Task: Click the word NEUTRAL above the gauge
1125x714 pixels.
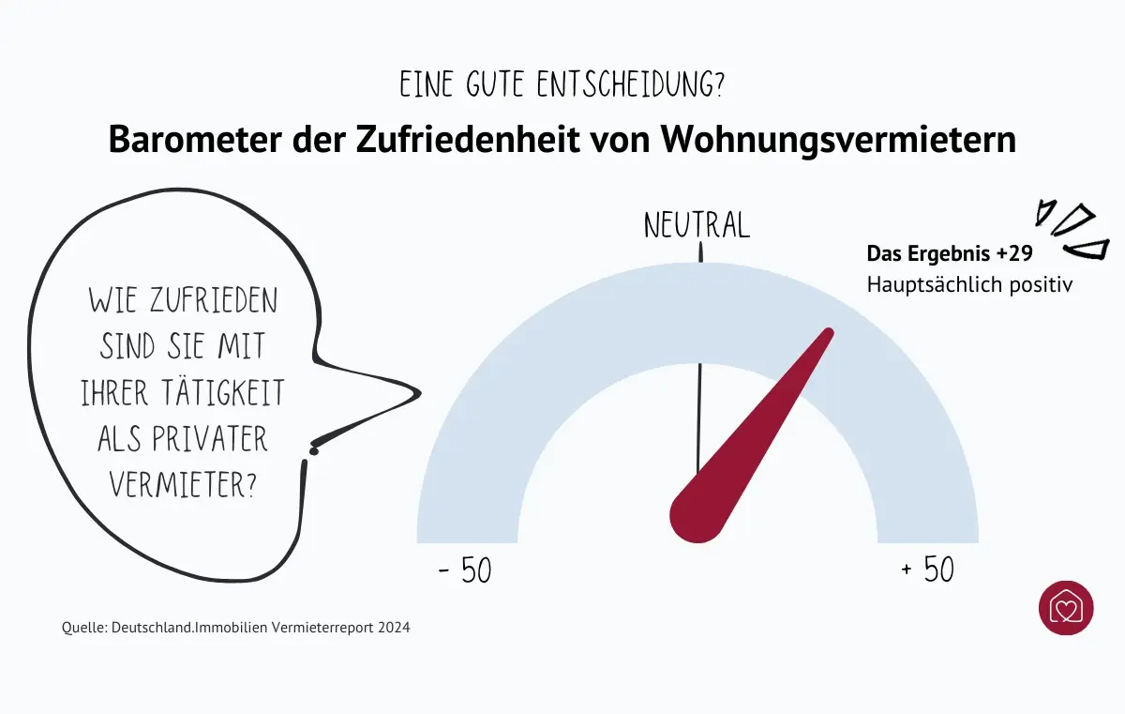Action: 697,225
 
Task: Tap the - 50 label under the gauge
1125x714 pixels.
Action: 465,570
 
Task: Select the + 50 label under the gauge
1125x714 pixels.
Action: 927,570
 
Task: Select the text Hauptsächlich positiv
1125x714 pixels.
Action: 968,283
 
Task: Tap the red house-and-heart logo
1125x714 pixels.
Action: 1066,607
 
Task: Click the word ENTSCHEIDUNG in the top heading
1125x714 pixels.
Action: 630,85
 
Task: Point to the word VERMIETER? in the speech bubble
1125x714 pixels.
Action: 183,485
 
